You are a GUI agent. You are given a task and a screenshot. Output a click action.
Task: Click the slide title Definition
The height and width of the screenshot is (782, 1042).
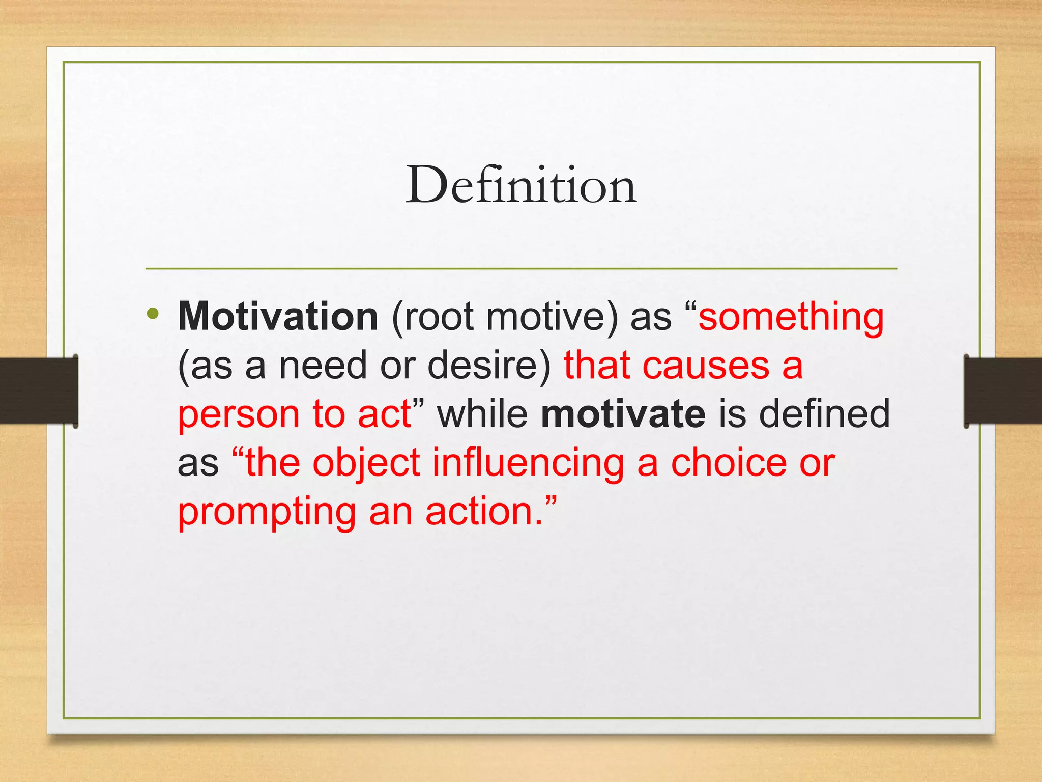(520, 185)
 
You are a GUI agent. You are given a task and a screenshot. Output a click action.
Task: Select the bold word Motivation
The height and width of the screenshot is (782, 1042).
(278, 317)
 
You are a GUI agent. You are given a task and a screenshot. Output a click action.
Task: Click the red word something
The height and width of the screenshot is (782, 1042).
(791, 317)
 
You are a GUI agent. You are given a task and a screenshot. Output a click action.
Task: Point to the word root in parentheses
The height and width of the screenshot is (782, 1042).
(439, 317)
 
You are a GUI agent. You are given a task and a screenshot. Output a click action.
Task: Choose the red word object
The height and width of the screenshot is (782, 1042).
(366, 463)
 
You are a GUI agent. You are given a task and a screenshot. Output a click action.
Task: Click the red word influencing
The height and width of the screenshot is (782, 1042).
(528, 463)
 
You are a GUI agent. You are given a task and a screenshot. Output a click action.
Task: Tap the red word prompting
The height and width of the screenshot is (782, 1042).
(267, 512)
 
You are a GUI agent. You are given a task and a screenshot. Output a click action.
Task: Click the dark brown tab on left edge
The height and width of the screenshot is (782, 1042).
(39, 390)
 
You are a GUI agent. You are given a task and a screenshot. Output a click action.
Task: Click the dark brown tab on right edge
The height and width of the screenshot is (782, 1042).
(1002, 390)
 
